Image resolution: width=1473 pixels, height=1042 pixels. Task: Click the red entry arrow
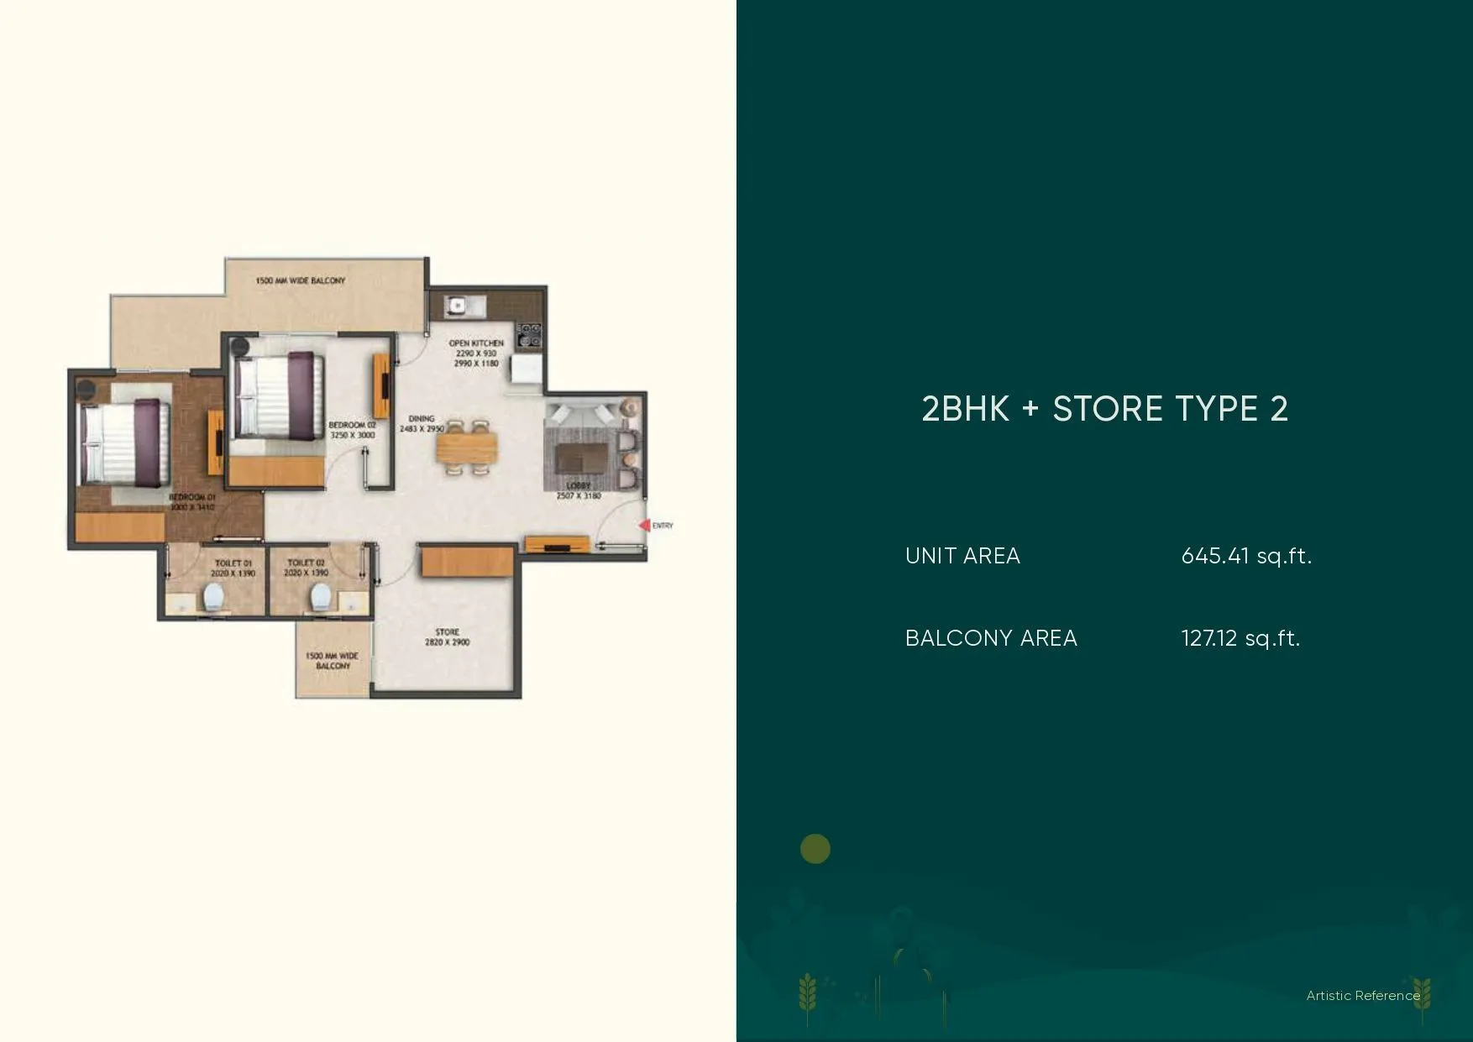click(644, 526)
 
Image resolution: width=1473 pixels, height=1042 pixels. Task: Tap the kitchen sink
click(459, 306)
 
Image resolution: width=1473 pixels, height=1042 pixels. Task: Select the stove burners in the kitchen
click(529, 334)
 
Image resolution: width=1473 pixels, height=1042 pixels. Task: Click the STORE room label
click(447, 631)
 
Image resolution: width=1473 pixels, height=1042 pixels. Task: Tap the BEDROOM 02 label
click(352, 426)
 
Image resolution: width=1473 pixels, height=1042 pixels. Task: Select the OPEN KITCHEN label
click(476, 343)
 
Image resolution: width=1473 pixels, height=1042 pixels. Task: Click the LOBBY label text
click(579, 486)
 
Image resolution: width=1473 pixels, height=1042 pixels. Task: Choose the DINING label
click(422, 418)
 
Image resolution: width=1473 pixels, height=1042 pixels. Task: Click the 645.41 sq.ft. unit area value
click(1246, 556)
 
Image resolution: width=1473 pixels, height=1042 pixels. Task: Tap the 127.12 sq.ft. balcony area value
click(1240, 638)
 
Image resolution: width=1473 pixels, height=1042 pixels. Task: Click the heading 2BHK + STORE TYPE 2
click(1104, 409)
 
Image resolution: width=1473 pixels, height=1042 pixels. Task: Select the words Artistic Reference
click(1363, 996)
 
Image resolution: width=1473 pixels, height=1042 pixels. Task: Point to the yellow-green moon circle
click(815, 849)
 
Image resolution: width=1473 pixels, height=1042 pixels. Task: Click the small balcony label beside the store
click(332, 661)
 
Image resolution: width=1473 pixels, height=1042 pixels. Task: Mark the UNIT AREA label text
click(962, 556)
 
